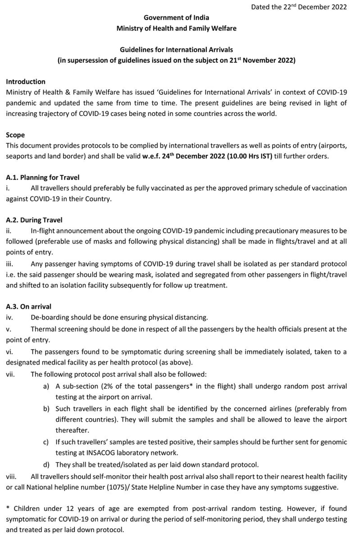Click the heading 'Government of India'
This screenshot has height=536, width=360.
(176, 18)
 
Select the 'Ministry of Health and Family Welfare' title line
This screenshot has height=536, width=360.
(176, 28)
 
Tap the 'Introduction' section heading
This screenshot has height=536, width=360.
(26, 82)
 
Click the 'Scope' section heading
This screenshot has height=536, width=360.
(15, 135)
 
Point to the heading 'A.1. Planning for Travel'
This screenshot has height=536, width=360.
(42, 177)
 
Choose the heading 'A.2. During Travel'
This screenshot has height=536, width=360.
(34, 220)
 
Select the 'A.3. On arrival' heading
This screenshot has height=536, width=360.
(28, 307)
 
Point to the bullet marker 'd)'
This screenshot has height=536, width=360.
(46, 464)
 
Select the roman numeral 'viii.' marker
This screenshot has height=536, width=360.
(11, 477)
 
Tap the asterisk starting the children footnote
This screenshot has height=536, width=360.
(8, 508)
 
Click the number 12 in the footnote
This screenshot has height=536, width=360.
(70, 508)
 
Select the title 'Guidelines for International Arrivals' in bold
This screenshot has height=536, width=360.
(176, 50)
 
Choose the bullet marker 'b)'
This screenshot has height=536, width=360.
(46, 409)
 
